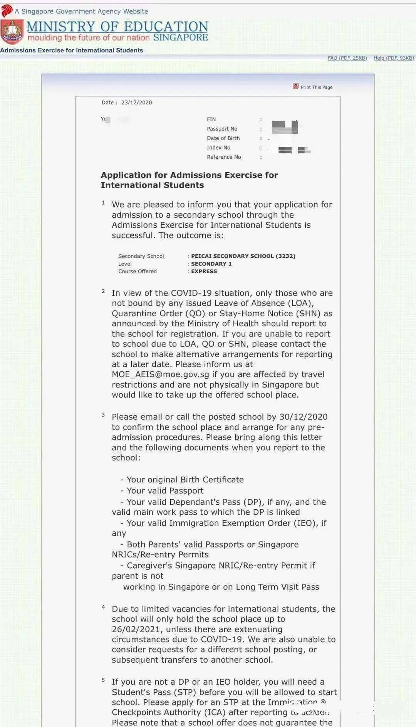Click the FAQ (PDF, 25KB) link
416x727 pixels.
347,58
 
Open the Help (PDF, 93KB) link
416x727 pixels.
393,58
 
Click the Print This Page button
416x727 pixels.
313,87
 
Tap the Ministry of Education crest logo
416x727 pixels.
12,32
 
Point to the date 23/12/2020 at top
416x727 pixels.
136,102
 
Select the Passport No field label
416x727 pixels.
222,129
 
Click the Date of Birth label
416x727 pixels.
223,138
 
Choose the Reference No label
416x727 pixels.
224,157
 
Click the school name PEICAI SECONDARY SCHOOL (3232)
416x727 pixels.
243,256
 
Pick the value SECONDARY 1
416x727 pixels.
211,264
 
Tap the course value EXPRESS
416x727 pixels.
204,271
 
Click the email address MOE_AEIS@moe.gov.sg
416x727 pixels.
160,374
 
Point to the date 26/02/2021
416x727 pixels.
136,629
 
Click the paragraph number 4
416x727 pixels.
103,607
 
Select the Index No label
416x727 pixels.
218,148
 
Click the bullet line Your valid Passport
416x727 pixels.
165,491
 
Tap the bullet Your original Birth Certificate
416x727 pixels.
185,480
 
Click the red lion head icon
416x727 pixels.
7,10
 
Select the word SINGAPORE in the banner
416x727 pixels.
181,37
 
